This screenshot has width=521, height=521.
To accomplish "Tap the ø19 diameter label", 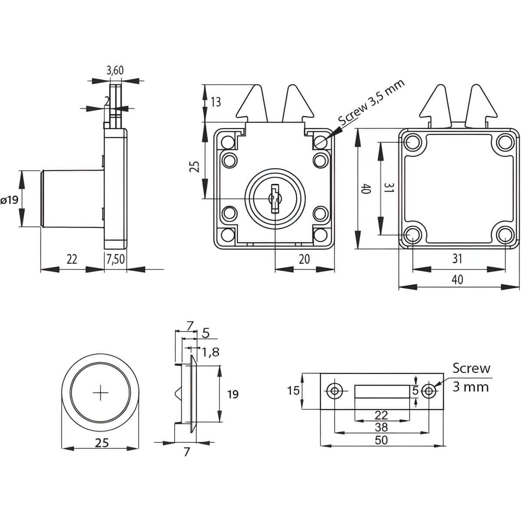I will click(x=9, y=200).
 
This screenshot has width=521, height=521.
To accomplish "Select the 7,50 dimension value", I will click(x=115, y=259).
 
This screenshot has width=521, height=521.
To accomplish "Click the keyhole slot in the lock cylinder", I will click(x=274, y=199).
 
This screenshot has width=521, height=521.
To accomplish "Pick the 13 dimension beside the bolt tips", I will click(x=215, y=102).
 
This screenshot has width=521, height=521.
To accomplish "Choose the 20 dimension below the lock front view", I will click(x=304, y=259).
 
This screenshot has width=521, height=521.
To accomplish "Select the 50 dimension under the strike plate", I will click(x=381, y=440).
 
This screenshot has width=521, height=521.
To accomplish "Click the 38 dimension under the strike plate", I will click(x=381, y=427).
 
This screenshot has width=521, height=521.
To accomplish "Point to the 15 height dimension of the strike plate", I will click(x=293, y=391).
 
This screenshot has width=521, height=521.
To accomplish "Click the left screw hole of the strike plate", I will click(x=334, y=391).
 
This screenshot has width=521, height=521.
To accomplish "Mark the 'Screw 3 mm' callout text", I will click(x=471, y=377).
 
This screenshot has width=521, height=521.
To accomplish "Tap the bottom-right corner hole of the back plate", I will click(x=505, y=236).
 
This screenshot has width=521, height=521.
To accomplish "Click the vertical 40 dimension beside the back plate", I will click(x=366, y=189).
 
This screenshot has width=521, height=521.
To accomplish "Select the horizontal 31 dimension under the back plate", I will click(x=457, y=259).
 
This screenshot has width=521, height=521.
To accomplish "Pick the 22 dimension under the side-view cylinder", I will click(x=72, y=259).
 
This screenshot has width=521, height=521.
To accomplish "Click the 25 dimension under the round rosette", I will click(x=101, y=443).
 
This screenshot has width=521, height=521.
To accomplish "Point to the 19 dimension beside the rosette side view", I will click(x=233, y=394).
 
